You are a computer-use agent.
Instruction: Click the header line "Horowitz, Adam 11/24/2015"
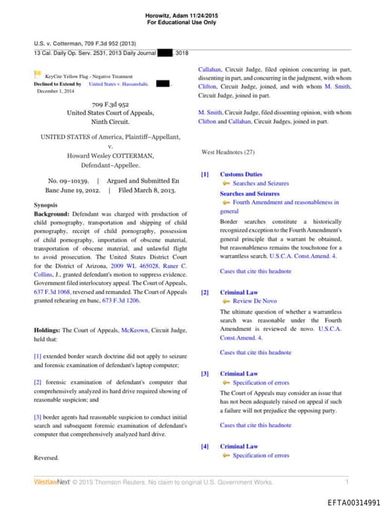click(192, 17)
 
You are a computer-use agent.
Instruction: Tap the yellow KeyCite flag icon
click(38, 74)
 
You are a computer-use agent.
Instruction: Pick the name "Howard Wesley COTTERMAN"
click(111, 156)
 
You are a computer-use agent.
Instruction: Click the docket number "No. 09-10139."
click(68, 181)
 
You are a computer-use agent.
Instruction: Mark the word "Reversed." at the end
click(47, 457)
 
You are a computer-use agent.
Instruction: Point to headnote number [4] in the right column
click(205, 447)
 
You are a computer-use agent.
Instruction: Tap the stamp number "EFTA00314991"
click(353, 502)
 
